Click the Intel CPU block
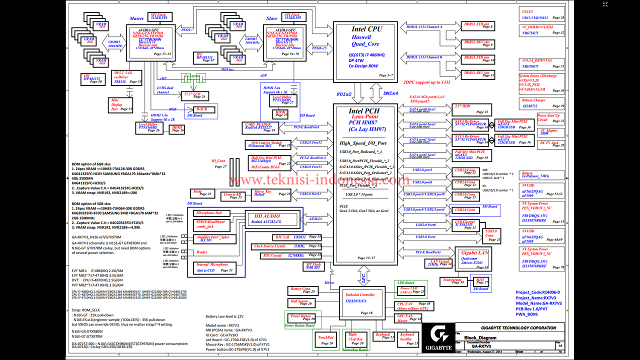[x=365, y=50]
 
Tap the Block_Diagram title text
[x=480, y=338]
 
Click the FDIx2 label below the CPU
[x=344, y=93]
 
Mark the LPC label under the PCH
[x=362, y=275]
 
